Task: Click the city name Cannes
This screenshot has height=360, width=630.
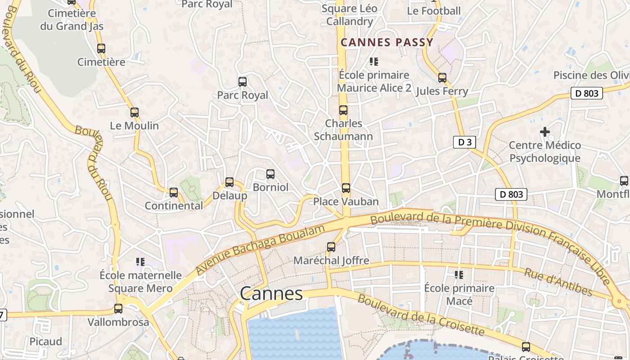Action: (x=271, y=294)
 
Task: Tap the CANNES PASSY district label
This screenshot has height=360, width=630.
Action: (x=387, y=43)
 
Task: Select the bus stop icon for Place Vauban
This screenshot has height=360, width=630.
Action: (x=346, y=188)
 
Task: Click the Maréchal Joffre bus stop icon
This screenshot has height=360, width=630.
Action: (x=331, y=247)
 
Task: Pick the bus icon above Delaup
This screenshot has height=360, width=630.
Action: (x=229, y=182)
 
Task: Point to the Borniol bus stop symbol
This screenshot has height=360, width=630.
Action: (x=270, y=174)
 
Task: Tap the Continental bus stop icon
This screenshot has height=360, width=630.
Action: (x=174, y=193)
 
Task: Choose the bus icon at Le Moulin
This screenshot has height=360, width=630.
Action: (x=135, y=112)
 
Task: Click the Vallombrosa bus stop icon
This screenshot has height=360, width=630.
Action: (x=118, y=309)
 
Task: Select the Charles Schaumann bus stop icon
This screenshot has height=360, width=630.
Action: (x=343, y=110)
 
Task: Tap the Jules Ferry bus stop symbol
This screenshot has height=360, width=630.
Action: (x=442, y=78)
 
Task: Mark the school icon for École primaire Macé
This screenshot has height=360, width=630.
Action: (x=459, y=274)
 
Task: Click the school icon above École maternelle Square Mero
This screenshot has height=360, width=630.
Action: (x=140, y=261)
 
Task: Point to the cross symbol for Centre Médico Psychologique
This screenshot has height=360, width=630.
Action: (x=545, y=132)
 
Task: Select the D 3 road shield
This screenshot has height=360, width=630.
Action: (x=464, y=143)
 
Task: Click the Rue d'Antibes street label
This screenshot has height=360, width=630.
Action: (x=558, y=282)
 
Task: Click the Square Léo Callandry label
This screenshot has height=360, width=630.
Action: (x=350, y=15)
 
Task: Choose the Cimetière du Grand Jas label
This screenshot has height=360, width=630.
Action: (x=72, y=20)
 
